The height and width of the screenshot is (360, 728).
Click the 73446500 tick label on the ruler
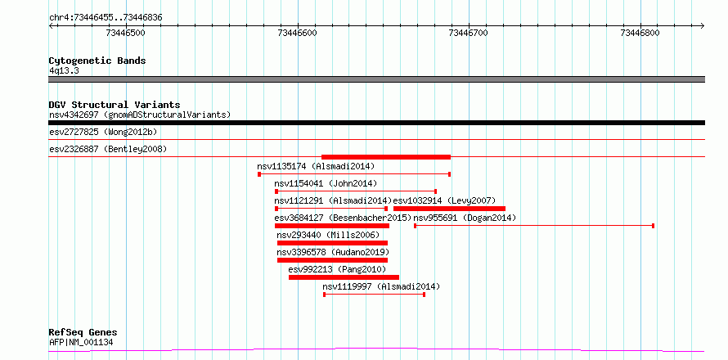[126, 33]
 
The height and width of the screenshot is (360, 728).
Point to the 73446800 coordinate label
[640, 33]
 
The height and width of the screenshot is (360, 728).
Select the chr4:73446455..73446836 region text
[106, 18]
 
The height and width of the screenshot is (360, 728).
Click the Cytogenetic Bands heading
[97, 61]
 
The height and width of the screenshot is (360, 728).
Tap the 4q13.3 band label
[64, 71]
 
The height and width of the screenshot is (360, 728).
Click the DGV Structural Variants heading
[115, 105]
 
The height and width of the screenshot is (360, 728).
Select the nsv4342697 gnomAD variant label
[140, 115]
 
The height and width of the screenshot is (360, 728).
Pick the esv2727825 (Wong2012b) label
[103, 133]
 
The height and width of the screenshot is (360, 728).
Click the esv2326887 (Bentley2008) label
[108, 150]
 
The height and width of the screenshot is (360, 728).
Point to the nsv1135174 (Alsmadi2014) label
[316, 166]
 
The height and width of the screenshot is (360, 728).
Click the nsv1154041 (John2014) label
[326, 183]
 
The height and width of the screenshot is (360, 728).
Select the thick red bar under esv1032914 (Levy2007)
[449, 209]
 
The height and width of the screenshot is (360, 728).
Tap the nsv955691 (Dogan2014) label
[465, 218]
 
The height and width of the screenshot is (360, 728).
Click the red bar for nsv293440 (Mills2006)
[332, 243]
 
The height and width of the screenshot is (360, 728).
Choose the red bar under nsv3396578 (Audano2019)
[332, 260]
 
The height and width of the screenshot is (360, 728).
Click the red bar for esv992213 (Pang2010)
[344, 277]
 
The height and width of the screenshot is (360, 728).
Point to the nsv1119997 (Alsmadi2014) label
[381, 286]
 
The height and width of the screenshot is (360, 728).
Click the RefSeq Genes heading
[83, 333]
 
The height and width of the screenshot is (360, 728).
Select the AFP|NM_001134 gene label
[81, 343]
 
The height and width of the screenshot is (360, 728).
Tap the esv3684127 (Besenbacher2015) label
[343, 218]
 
